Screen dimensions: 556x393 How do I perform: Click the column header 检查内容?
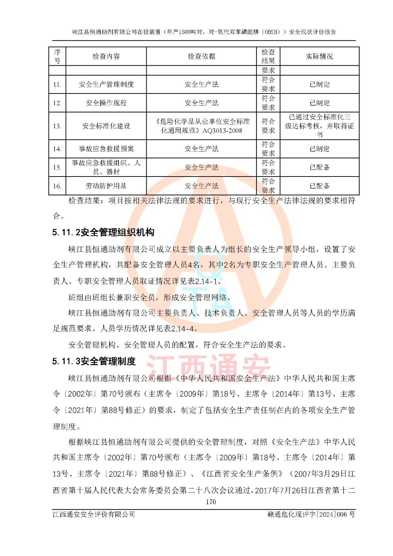tap(106, 56)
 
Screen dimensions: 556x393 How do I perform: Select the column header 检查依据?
tap(201, 56)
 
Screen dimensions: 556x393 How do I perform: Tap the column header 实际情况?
tap(319, 56)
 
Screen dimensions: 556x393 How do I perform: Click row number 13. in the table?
tap(57, 126)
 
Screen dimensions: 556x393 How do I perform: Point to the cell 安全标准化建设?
tap(106, 126)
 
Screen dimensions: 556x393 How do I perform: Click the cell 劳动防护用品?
tap(106, 186)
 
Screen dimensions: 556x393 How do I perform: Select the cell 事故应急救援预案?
tap(106, 149)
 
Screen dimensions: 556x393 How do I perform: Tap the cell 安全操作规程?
tap(106, 103)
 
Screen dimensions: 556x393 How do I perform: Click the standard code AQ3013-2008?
tap(222, 131)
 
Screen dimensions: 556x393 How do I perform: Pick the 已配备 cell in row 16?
tap(319, 186)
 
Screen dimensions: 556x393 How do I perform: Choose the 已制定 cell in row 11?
tap(319, 84)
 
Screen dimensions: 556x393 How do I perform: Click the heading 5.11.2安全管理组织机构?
tap(103, 232)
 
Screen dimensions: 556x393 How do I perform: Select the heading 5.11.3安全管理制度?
tap(94, 361)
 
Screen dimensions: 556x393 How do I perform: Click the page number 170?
tap(211, 502)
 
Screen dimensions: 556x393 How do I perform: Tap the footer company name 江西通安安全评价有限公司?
tap(94, 514)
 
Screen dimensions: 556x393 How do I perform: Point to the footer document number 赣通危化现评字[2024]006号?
tap(311, 514)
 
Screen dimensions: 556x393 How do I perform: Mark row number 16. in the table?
tap(57, 186)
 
